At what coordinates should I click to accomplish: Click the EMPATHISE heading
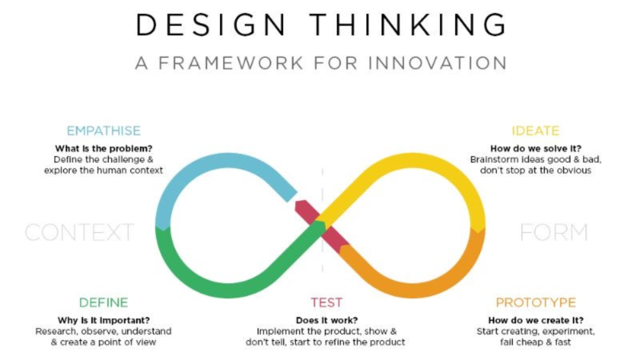[x=104, y=131]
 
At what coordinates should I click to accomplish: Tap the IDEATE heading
[x=536, y=131]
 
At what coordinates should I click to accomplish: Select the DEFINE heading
[x=104, y=302]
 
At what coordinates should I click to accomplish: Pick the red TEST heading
[x=326, y=302]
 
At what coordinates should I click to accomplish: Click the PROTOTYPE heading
[x=536, y=302]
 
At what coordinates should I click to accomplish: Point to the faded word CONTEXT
[x=79, y=232]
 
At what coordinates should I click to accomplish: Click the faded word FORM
[x=554, y=232]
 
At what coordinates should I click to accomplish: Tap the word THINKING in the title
[x=407, y=24]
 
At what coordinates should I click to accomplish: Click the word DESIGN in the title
[x=211, y=24]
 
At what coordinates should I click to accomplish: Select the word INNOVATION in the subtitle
[x=437, y=63]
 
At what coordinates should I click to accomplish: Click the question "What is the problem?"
[x=104, y=149]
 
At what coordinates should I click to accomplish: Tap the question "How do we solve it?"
[x=536, y=149]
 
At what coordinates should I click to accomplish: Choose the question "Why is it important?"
[x=104, y=321]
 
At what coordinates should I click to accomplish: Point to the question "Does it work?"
[x=326, y=321]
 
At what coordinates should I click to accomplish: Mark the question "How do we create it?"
[x=536, y=321]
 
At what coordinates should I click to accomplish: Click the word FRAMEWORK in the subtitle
[x=231, y=63]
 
